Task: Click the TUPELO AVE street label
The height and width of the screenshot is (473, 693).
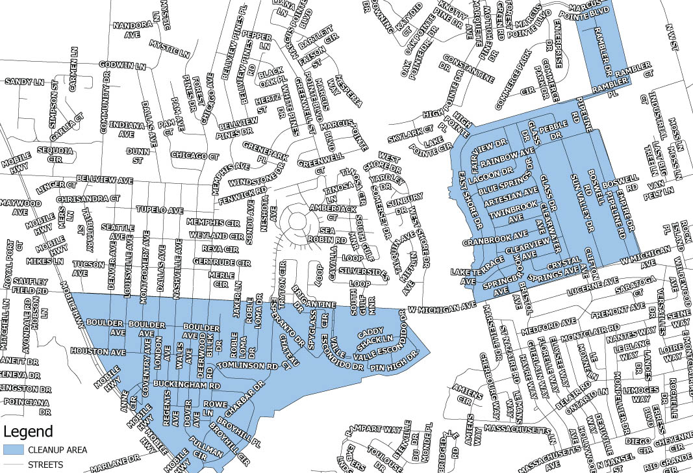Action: pos(159,211)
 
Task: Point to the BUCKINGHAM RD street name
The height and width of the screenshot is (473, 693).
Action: pos(184,385)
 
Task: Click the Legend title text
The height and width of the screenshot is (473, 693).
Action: pos(29,431)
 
